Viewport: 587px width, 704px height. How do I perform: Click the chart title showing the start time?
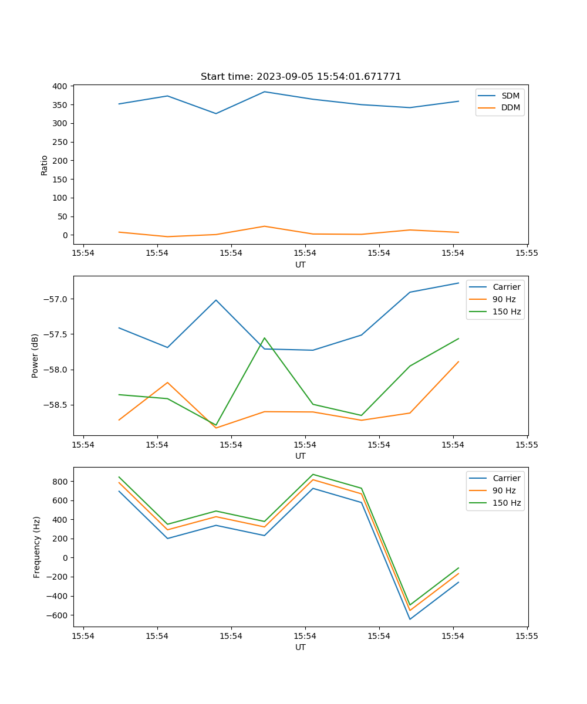[x=301, y=77]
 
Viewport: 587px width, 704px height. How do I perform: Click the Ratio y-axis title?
[x=45, y=165]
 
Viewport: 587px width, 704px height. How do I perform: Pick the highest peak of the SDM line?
[x=265, y=92]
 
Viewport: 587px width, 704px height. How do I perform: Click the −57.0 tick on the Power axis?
[x=56, y=299]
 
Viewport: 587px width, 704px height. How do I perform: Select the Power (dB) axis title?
[x=35, y=356]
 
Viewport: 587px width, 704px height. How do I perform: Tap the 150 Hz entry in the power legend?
[x=507, y=312]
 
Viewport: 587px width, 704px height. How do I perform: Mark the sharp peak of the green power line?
[x=265, y=338]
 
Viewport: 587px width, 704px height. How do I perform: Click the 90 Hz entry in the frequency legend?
[x=504, y=490]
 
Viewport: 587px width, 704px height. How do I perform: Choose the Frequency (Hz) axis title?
[x=37, y=547]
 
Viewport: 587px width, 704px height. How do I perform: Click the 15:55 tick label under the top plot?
[x=527, y=253]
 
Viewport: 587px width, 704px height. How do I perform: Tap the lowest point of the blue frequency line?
[x=410, y=619]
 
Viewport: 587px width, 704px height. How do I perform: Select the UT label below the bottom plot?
[x=301, y=647]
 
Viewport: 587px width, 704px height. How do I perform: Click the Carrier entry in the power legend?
[x=506, y=287]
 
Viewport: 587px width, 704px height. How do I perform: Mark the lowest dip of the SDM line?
[x=216, y=113]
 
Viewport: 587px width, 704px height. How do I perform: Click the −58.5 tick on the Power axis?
[x=56, y=405]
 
